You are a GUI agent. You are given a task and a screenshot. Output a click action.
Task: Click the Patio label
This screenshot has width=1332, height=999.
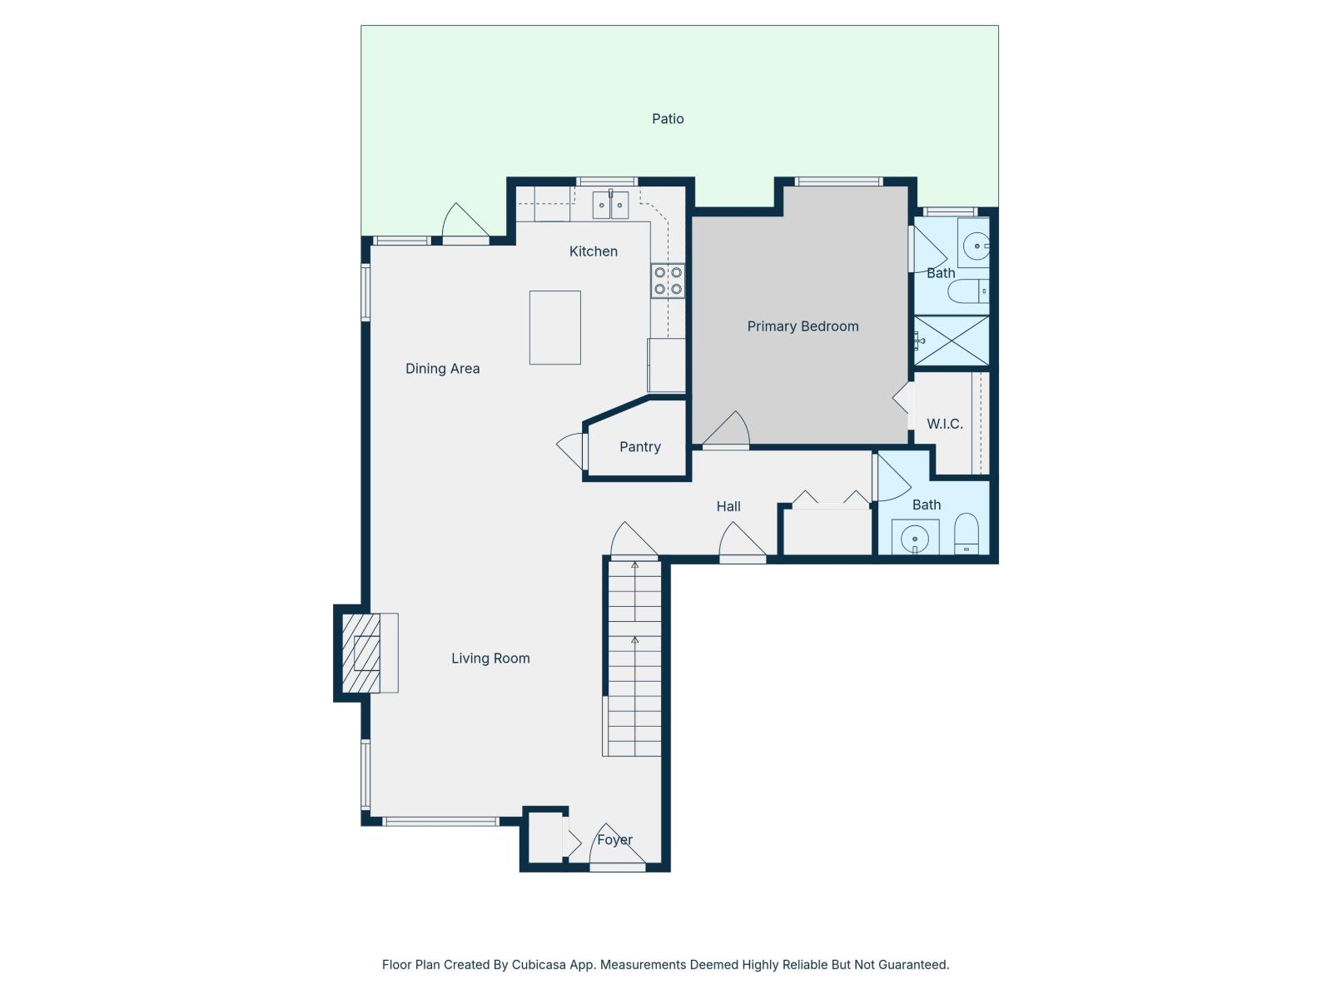click(x=668, y=119)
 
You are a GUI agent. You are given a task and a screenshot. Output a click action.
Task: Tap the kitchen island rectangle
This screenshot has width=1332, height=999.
click(x=554, y=327)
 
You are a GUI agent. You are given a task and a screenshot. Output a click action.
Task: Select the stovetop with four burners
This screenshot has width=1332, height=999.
click(x=668, y=281)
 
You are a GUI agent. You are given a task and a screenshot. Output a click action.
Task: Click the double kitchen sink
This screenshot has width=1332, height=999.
click(x=610, y=205)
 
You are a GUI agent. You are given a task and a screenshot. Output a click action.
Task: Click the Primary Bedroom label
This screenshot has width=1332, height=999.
click(x=803, y=326)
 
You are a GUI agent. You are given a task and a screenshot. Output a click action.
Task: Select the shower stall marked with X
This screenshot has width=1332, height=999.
click(x=952, y=340)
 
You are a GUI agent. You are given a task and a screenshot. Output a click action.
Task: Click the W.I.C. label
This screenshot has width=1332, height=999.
click(x=945, y=424)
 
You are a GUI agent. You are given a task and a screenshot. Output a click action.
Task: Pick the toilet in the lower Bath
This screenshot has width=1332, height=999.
click(x=967, y=533)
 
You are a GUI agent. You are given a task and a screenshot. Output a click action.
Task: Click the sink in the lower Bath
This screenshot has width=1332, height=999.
click(x=915, y=538)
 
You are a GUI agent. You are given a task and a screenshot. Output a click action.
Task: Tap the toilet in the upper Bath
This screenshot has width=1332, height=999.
click(x=968, y=291)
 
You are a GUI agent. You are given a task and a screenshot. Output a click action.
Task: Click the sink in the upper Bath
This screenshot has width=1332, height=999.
click(x=974, y=246)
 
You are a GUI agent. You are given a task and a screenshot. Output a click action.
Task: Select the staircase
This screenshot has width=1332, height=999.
click(x=634, y=658)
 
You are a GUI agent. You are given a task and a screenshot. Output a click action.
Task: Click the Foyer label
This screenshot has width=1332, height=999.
click(x=614, y=840)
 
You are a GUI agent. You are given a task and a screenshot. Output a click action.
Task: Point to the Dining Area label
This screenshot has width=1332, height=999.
click(x=442, y=369)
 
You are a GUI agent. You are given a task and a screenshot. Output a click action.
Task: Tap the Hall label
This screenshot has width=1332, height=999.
click(x=728, y=506)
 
